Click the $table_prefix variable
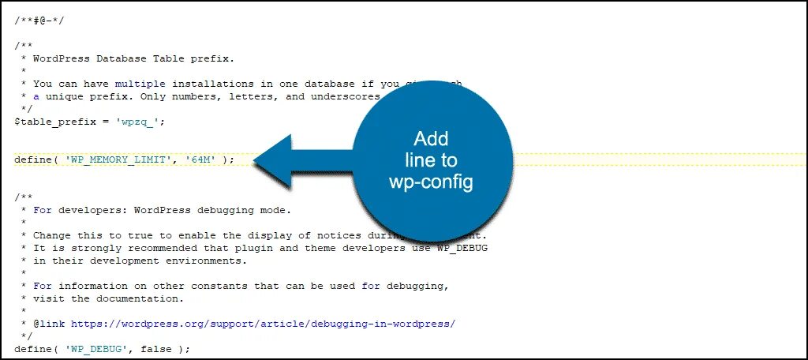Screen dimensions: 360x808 tap(53, 122)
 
